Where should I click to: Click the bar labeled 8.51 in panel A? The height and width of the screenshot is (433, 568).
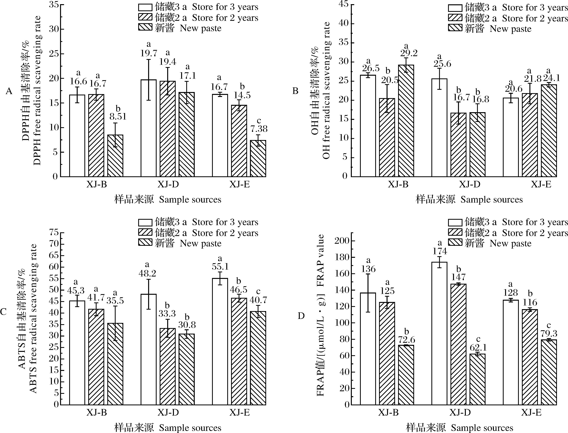[115, 156]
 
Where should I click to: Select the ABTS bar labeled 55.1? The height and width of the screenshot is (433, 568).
[220, 341]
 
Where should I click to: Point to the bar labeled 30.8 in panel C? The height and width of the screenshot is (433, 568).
[187, 369]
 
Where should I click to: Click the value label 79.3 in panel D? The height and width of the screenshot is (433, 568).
[548, 334]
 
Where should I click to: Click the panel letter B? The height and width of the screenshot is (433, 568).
[295, 91]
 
